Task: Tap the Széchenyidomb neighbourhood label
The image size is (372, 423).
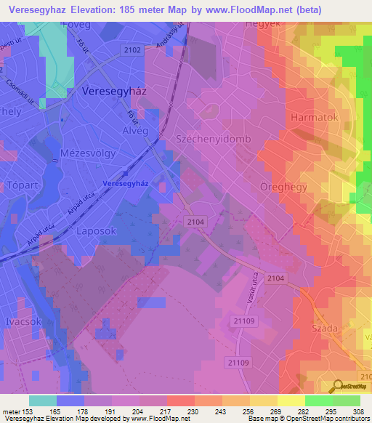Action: (x=213, y=138)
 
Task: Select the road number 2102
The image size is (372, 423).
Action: (x=134, y=49)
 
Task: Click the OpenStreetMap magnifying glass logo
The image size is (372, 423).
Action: (x=338, y=386)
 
